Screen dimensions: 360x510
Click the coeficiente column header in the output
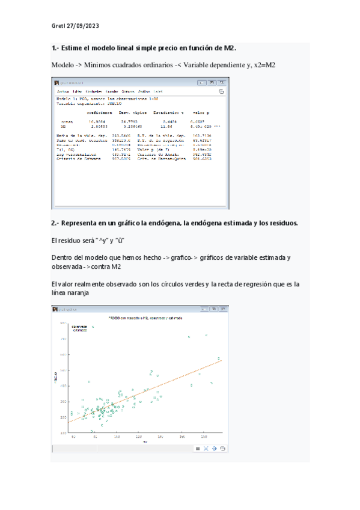tap(99, 112)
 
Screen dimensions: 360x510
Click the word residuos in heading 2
tap(282, 223)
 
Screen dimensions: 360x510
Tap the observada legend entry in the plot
tap(80, 327)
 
